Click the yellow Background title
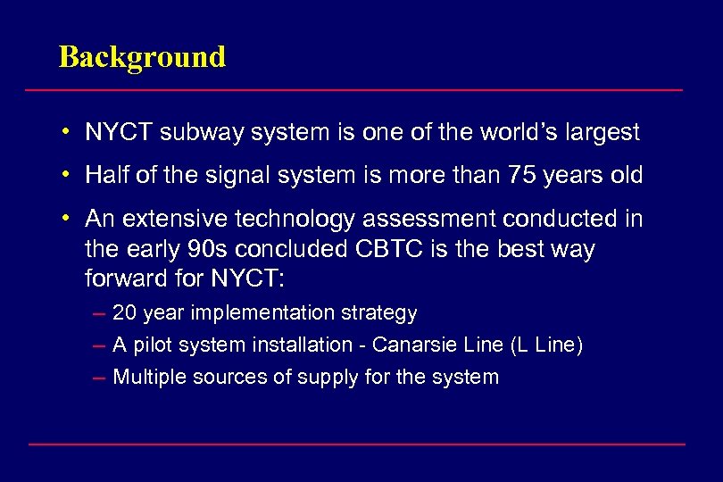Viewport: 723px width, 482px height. point(142,57)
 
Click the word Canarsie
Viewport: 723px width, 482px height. point(407,345)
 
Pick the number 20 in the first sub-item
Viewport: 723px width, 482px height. point(124,313)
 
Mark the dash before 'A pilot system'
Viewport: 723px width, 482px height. point(99,345)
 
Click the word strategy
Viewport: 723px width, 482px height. point(384,313)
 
